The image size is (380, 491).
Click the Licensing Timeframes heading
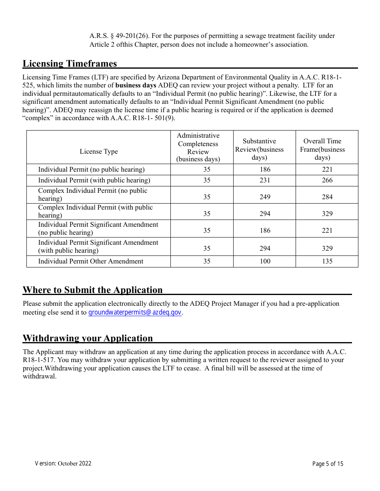[70, 63]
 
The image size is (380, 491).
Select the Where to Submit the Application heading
[92, 290]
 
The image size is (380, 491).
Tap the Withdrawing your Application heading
[88, 338]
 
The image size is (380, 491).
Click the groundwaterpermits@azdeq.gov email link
[135, 313]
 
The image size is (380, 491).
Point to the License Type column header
[99, 152]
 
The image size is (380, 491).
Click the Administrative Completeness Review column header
[198, 147]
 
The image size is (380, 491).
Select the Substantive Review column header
[259, 149]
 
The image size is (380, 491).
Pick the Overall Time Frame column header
[322, 149]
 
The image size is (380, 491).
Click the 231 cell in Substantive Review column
[265, 180]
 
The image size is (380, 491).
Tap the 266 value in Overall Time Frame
[327, 180]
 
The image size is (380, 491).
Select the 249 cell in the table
[265, 197]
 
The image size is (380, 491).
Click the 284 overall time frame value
[327, 197]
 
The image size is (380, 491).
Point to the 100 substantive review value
[265, 261]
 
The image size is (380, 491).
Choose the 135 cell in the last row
[327, 261]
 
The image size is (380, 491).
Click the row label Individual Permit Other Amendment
[91, 261]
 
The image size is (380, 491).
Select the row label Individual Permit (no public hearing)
[92, 170]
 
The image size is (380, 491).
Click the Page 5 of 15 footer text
[328, 464]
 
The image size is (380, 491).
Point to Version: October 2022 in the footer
[63, 463]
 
